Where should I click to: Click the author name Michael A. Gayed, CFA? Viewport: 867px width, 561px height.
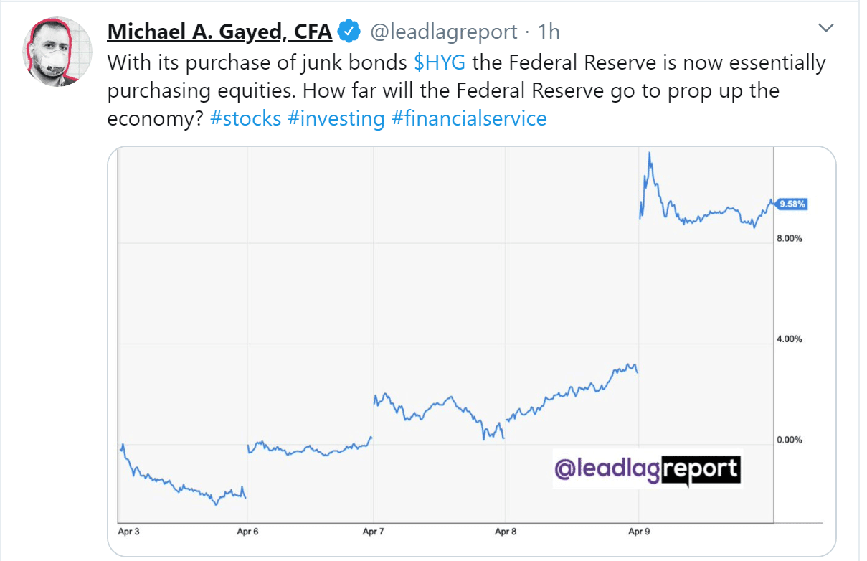coord(219,32)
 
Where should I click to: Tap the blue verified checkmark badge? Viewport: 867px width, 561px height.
coord(349,32)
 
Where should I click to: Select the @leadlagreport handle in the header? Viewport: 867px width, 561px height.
coord(443,32)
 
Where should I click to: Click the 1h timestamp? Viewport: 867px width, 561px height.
coord(549,32)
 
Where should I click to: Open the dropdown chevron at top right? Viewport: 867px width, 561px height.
coord(826,28)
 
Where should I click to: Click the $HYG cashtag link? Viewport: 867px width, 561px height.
coord(440,62)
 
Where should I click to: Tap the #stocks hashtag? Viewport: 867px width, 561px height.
coord(245,118)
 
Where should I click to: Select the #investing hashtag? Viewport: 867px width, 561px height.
coord(336,118)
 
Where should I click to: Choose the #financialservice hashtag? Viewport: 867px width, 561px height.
coord(469,118)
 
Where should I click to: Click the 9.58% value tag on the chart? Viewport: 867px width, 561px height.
coord(792,204)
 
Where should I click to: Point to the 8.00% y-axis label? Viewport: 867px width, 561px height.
coord(789,238)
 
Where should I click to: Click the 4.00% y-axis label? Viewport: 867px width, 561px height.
coord(789,339)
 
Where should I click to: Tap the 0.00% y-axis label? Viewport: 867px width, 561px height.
coord(789,440)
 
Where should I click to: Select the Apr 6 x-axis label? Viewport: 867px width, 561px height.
coord(248,532)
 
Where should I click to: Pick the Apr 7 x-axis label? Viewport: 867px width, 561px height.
coord(374,532)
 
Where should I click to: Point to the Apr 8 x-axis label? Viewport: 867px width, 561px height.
coord(506,532)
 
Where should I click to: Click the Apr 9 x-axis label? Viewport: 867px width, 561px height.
coord(638,532)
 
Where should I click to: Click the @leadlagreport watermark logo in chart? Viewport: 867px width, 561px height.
coord(647,469)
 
